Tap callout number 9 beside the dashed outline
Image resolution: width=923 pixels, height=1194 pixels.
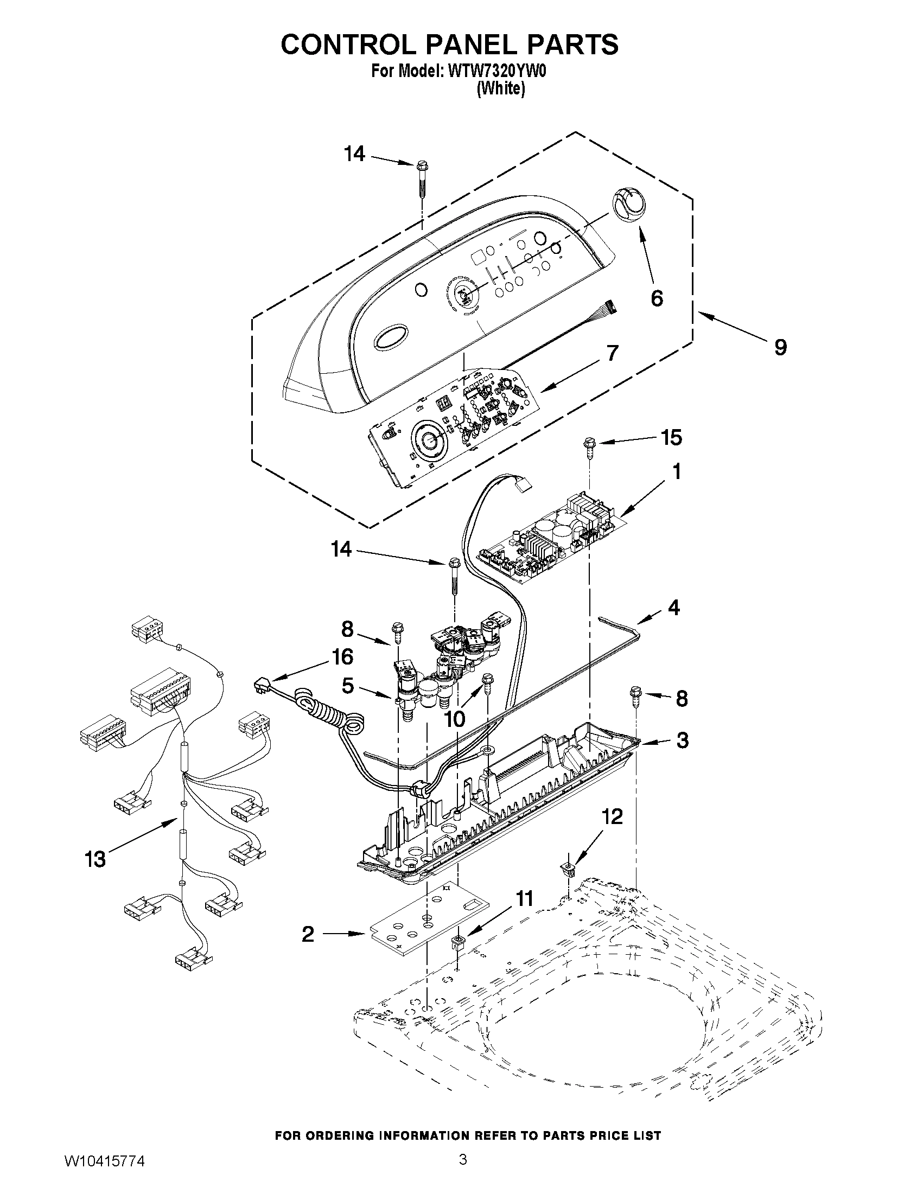click(x=780, y=347)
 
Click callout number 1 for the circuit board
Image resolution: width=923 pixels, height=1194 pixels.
click(x=677, y=471)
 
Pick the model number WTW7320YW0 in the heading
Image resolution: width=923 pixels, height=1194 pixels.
click(x=496, y=72)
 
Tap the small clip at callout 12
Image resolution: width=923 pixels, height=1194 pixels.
click(x=569, y=868)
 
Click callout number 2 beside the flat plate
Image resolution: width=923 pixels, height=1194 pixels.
click(x=308, y=934)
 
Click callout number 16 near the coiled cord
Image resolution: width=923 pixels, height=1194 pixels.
click(x=343, y=656)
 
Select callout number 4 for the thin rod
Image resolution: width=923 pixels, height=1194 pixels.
click(x=673, y=607)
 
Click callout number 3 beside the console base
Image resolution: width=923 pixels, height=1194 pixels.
click(x=682, y=740)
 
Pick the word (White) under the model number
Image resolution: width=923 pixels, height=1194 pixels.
click(x=500, y=88)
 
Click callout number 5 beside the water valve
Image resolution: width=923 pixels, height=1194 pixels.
click(x=347, y=686)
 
